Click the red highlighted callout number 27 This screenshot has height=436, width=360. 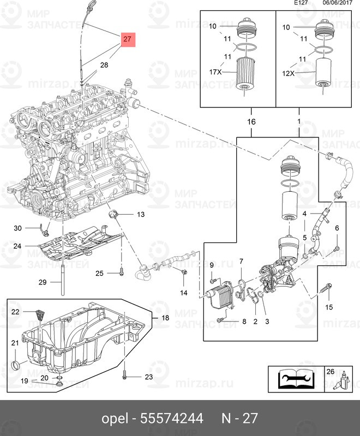(x=127, y=39)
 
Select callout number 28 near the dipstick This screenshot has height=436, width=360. (x=104, y=65)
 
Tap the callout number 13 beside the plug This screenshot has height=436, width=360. (x=141, y=215)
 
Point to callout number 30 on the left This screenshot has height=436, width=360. (x=17, y=228)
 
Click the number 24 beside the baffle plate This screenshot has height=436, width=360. (x=17, y=246)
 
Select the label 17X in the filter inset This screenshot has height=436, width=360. (x=215, y=71)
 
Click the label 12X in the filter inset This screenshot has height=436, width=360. (x=287, y=74)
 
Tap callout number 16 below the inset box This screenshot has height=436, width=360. (x=251, y=122)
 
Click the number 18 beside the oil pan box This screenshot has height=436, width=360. (x=165, y=318)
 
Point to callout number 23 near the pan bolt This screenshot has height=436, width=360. (x=149, y=377)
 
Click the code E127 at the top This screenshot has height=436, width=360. (x=300, y=3)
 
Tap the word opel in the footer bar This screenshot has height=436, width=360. (x=116, y=419)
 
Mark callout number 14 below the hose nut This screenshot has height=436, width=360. (x=184, y=293)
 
